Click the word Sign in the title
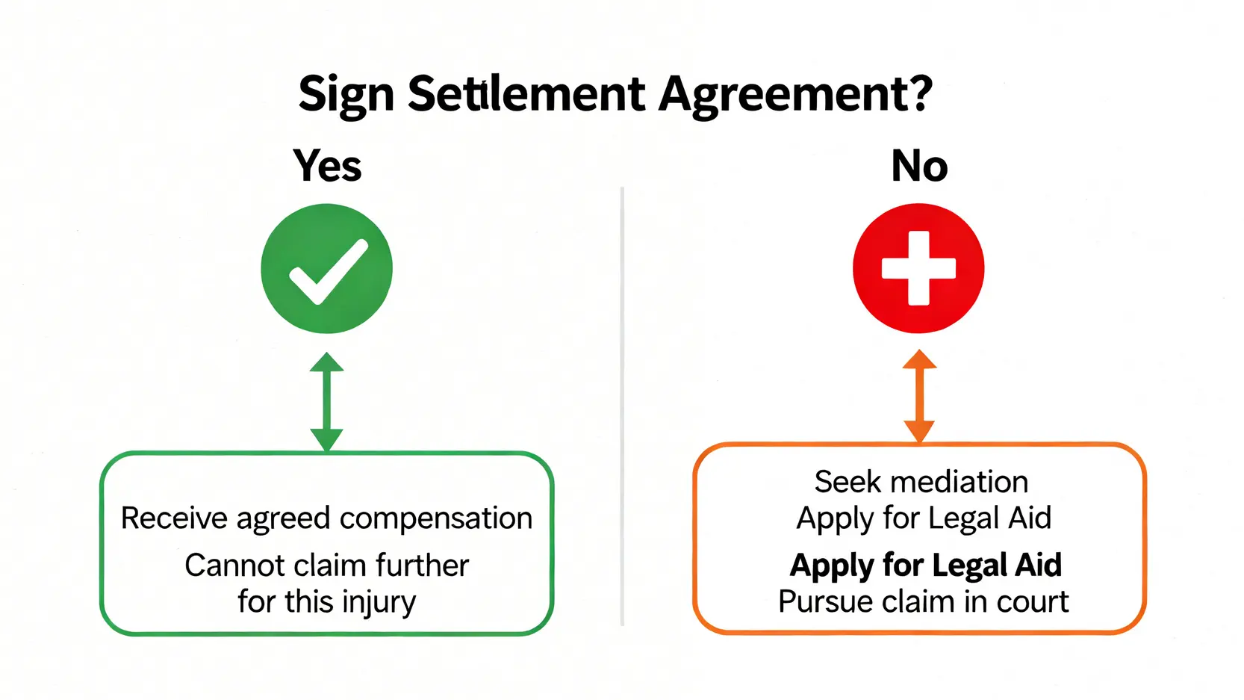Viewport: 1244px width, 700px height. click(346, 95)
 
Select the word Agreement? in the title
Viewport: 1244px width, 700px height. click(795, 95)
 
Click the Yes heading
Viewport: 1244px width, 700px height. click(327, 166)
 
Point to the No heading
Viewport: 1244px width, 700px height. click(919, 166)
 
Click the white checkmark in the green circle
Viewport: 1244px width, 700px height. click(328, 271)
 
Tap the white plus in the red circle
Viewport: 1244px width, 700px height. click(918, 268)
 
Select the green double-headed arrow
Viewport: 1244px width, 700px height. click(326, 402)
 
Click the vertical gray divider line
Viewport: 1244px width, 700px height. click(622, 403)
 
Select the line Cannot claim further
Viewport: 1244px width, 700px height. click(326, 566)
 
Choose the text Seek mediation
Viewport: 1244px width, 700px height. click(921, 483)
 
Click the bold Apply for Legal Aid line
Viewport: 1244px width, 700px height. click(925, 566)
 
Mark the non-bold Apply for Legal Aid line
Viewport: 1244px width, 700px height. click(924, 518)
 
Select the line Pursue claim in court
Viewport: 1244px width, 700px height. click(923, 602)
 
